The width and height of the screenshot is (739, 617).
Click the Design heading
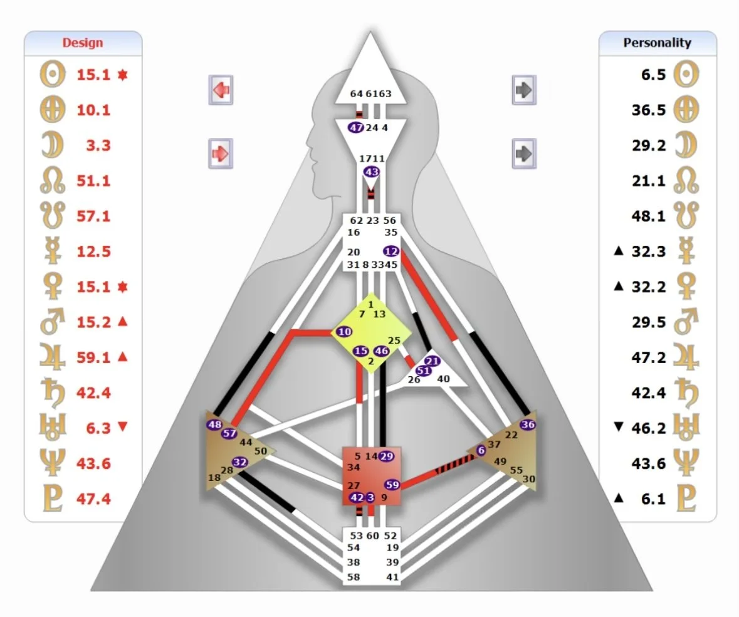[83, 43]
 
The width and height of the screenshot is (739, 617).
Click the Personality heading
[657, 43]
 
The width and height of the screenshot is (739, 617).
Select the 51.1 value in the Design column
[93, 181]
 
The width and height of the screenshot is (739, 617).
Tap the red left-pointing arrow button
[220, 91]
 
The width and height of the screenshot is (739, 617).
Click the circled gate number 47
[357, 127]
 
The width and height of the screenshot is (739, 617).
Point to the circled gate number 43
[372, 171]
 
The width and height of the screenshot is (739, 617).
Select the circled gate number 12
[392, 251]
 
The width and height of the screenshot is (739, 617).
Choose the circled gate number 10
[344, 331]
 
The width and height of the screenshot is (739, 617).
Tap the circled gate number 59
[392, 484]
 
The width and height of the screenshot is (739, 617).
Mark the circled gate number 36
[528, 425]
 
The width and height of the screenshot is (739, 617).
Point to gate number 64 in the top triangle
[357, 94]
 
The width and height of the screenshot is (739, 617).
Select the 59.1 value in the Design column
[93, 357]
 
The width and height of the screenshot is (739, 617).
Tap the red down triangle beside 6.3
[123, 428]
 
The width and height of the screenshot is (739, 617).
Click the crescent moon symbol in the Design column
[48, 145]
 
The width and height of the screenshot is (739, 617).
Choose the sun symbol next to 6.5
[686, 75]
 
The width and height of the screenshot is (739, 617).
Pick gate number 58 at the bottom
[354, 577]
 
